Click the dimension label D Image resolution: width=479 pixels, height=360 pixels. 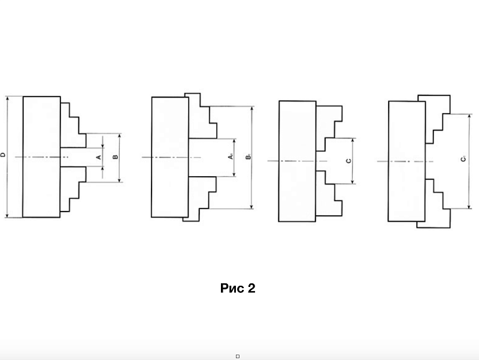(4, 155)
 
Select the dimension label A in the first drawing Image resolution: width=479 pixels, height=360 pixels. (99, 157)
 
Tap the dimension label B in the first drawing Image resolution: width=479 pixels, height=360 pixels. (115, 157)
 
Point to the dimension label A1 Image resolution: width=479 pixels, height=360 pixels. (231, 156)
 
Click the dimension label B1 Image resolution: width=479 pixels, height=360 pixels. (248, 157)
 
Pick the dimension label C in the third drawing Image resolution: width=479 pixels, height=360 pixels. (349, 161)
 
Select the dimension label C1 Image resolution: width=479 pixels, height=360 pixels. (463, 159)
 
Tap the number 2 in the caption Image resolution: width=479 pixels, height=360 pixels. (251, 288)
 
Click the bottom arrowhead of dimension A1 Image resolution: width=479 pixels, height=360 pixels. (234, 174)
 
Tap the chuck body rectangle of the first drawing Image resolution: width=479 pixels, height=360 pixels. (41, 157)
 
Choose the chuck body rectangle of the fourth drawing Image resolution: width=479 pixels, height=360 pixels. (407, 161)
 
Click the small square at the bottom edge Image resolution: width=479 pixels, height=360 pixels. (238, 356)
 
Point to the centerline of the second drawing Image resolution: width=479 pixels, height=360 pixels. (171, 158)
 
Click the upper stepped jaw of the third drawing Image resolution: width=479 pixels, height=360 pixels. (329, 128)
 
